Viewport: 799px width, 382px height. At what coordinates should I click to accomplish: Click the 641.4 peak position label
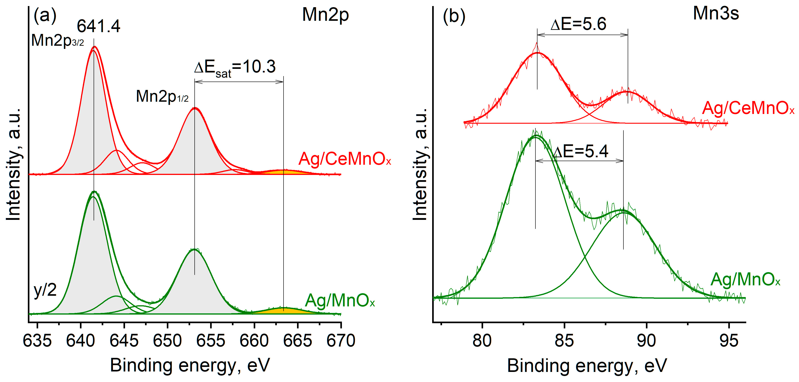click(x=98, y=26)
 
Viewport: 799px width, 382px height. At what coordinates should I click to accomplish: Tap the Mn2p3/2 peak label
click(x=58, y=41)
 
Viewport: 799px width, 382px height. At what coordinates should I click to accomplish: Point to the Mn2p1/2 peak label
click(x=162, y=96)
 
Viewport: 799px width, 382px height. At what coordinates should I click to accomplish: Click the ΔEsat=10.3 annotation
click(x=235, y=68)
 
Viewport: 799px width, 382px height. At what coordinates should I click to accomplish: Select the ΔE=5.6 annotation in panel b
click(x=578, y=24)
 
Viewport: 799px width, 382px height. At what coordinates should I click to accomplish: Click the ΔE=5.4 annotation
click(x=581, y=151)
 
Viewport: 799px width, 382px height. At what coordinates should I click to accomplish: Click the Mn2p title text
click(x=325, y=15)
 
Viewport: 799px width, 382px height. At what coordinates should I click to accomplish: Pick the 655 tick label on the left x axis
click(x=211, y=341)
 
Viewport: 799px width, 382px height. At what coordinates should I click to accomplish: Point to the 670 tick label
click(x=341, y=341)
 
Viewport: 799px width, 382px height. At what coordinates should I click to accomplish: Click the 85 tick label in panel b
click(x=564, y=341)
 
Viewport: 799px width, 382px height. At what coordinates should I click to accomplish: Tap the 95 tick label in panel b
click(x=729, y=341)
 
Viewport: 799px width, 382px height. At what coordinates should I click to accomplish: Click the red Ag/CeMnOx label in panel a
click(x=345, y=159)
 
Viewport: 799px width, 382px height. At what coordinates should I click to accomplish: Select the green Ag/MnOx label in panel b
click(x=745, y=279)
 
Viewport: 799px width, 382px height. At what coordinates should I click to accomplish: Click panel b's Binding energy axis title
click(x=587, y=366)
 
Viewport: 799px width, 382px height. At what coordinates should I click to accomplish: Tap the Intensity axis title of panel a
click(x=14, y=164)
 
